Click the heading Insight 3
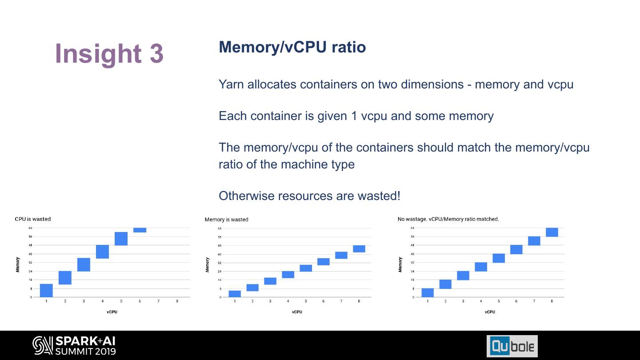click(x=109, y=53)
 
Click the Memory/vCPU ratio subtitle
click(x=292, y=47)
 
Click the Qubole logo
click(x=512, y=346)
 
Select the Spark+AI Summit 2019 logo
click(x=74, y=346)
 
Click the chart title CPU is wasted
click(x=33, y=219)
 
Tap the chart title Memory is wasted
click(x=226, y=220)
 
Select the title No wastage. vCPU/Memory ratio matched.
click(x=448, y=219)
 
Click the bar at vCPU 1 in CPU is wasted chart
click(x=46, y=290)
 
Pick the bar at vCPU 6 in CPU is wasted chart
click(x=140, y=230)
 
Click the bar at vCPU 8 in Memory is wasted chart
click(x=359, y=249)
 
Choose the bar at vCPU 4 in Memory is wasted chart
click(x=288, y=275)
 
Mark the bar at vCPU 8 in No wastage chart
click(x=552, y=232)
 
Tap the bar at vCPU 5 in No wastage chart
click(x=499, y=258)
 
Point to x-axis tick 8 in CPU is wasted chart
click(x=177, y=301)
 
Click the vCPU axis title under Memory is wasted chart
click(x=297, y=312)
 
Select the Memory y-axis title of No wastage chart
click(x=400, y=264)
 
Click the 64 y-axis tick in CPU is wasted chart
click(x=31, y=228)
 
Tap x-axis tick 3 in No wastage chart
click(x=463, y=301)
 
